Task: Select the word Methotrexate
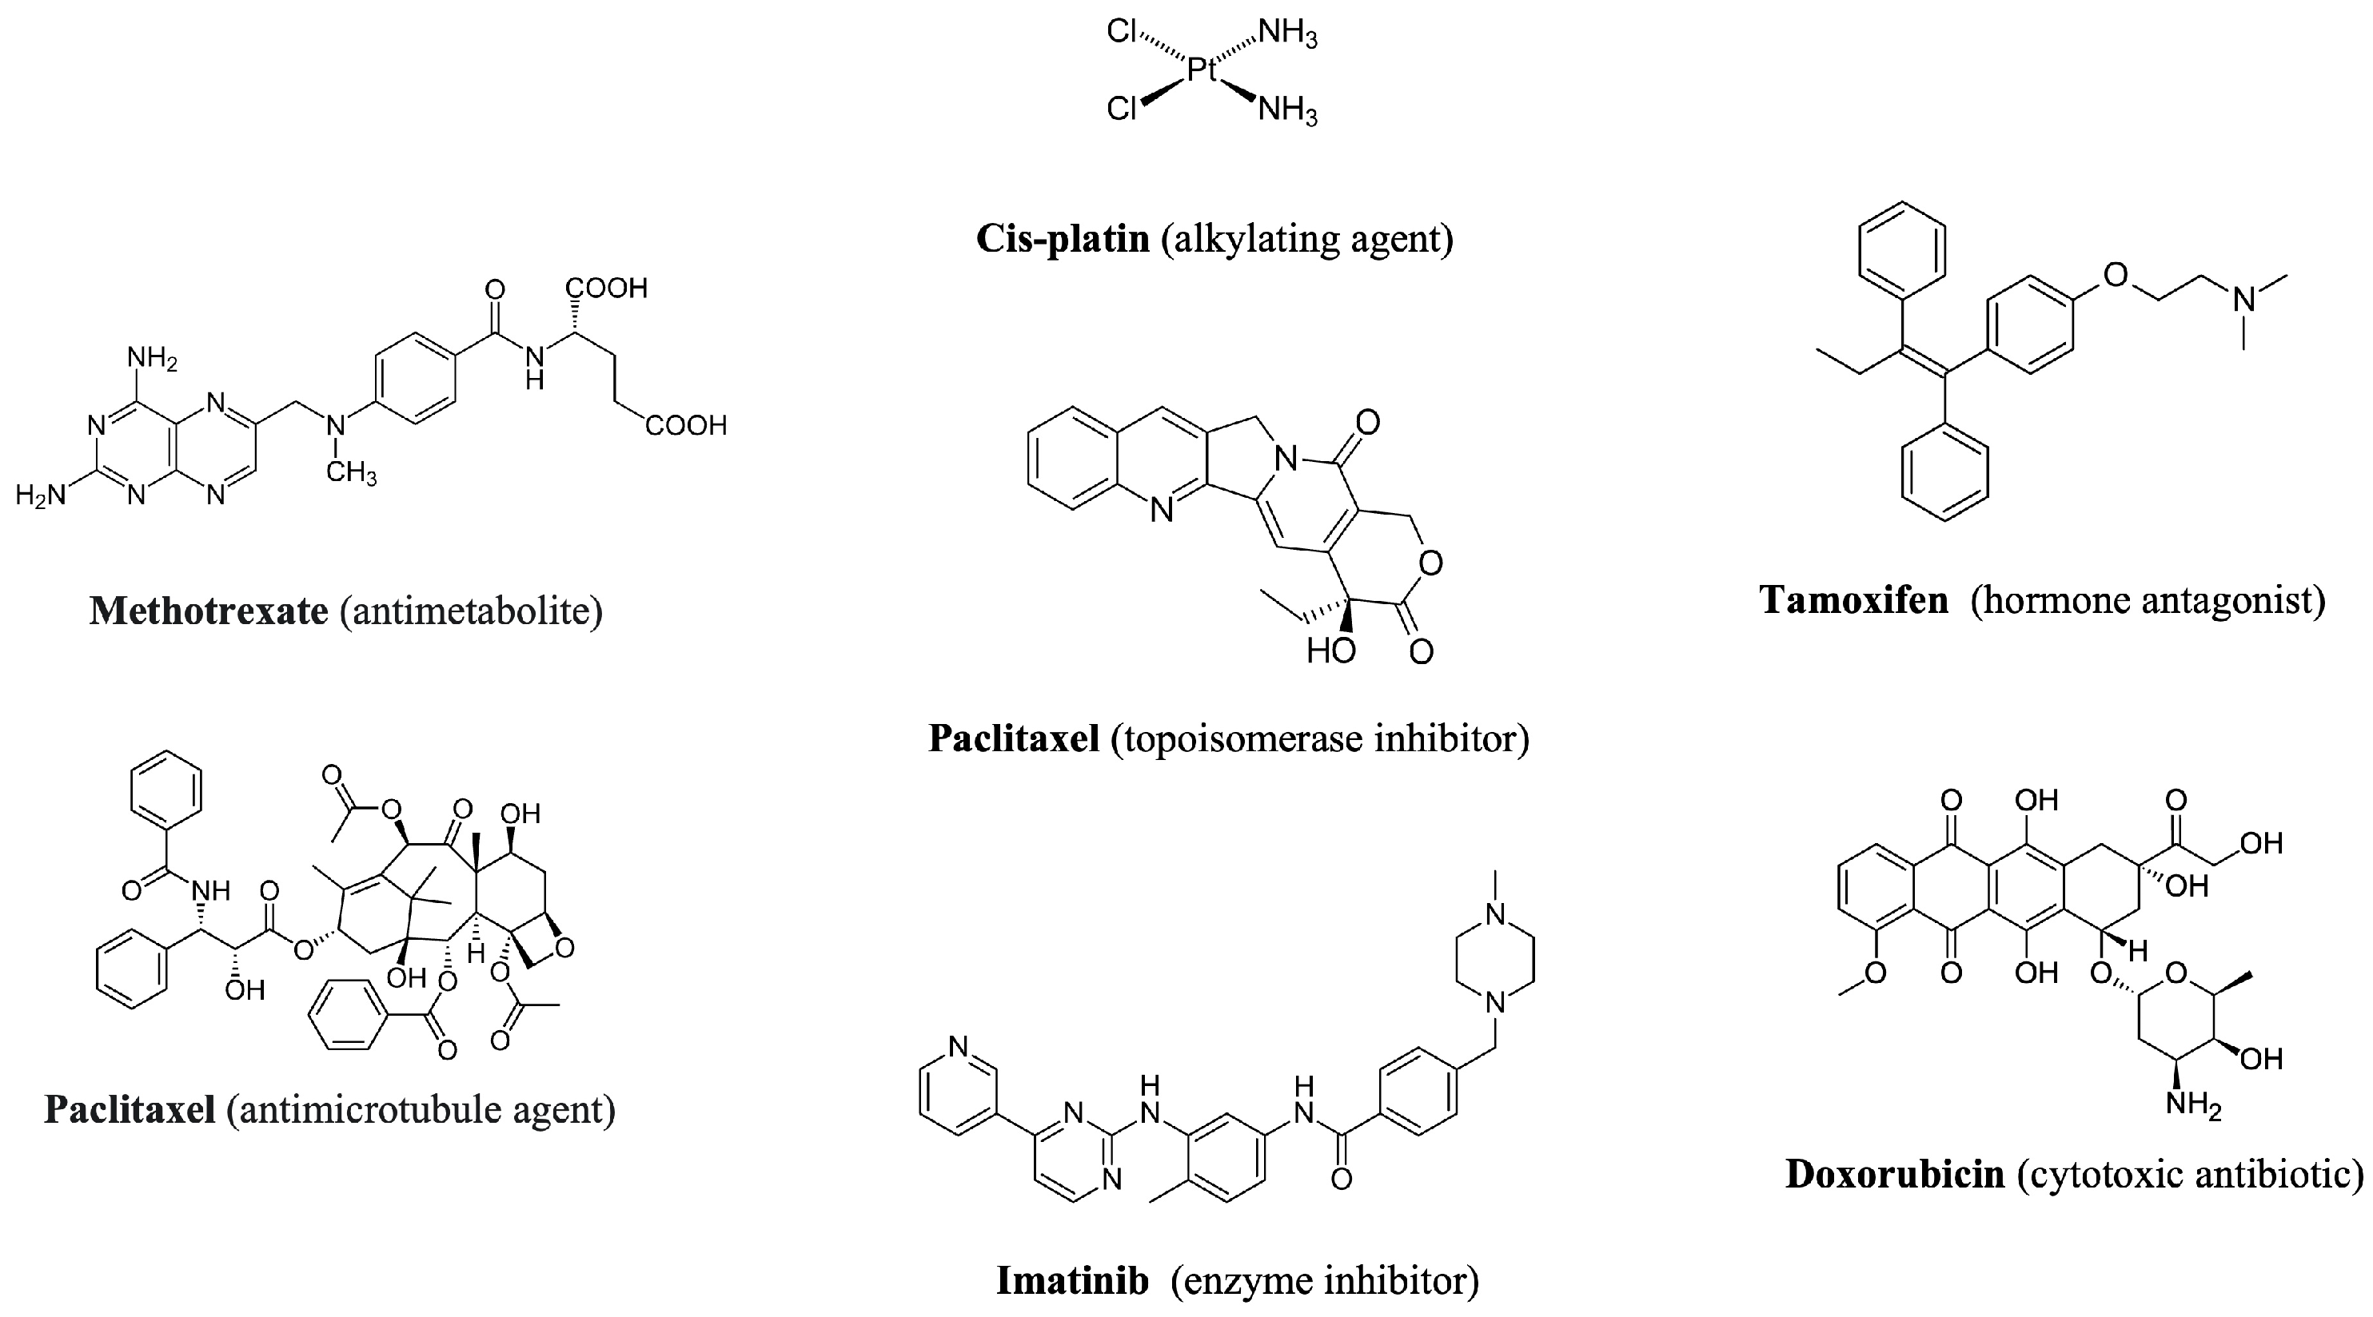pos(208,611)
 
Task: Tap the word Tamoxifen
pos(1853,600)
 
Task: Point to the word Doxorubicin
pos(1895,1174)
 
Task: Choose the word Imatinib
pos(1072,1281)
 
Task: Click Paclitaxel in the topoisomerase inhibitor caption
pos(1013,738)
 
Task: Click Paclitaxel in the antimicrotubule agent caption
pos(130,1110)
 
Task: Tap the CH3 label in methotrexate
pos(351,475)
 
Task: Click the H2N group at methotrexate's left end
pos(42,495)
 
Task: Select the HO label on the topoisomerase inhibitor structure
pos(1330,651)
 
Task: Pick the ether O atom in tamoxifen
pos(2116,274)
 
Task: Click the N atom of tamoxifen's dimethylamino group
pos(2244,298)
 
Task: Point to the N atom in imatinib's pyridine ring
pos(958,1046)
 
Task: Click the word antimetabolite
pos(471,611)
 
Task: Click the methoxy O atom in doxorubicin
pos(1876,973)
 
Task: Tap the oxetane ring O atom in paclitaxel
pos(564,947)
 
